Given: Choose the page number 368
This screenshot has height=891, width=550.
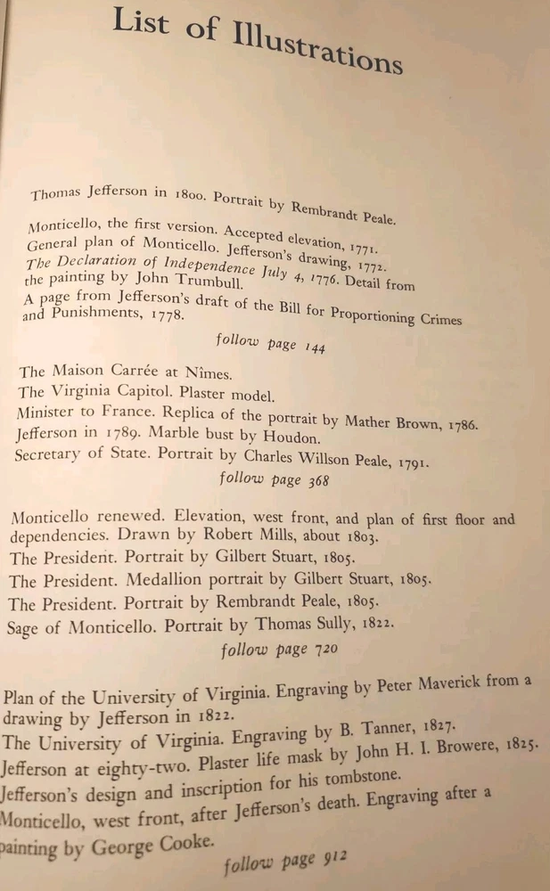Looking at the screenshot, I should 313,481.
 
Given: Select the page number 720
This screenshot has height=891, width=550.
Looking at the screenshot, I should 323,649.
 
